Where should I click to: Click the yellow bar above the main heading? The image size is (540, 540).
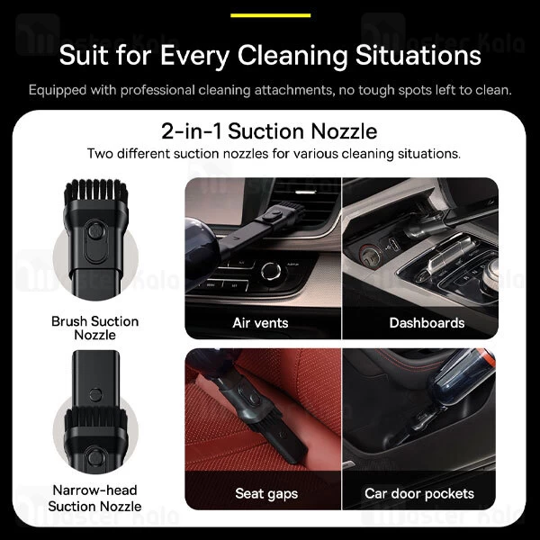pos(270,15)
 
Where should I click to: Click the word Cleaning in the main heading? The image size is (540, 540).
pos(292,55)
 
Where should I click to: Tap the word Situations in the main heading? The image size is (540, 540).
pos(418,55)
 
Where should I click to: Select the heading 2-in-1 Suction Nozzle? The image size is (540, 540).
pos(269,131)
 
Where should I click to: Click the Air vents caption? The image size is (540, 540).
pos(260,323)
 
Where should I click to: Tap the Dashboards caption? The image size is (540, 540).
pos(427,323)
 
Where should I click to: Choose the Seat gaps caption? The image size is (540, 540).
pos(266,494)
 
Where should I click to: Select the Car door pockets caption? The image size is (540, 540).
pos(419,493)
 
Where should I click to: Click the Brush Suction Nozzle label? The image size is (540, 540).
pos(95,328)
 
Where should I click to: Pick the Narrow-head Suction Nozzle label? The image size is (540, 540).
pos(94,498)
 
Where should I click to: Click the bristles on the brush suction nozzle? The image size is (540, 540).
pos(95,191)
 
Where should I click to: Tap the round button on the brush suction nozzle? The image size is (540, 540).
pos(95,230)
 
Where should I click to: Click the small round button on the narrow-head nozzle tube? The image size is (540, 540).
pos(95,395)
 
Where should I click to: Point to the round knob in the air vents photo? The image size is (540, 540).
pos(271,271)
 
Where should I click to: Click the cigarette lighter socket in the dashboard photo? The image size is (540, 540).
pos(369,256)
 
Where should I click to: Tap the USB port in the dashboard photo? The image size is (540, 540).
pos(394,245)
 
